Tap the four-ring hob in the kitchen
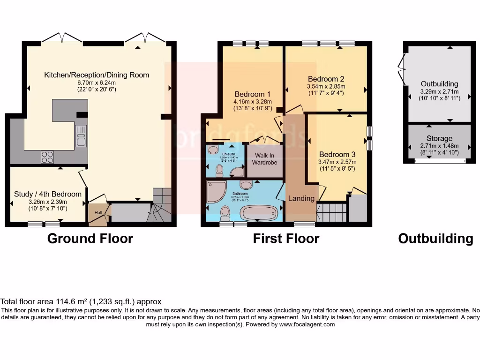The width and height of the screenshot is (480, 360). pyautogui.click(x=47, y=157)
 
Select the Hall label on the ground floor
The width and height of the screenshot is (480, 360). pyautogui.click(x=98, y=212)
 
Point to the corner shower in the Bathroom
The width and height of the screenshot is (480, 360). pyautogui.click(x=216, y=192)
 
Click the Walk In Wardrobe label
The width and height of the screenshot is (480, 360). pyautogui.click(x=265, y=159)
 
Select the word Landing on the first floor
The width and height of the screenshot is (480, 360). pyautogui.click(x=301, y=198)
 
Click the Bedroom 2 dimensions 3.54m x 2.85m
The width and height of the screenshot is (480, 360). pyautogui.click(x=326, y=86)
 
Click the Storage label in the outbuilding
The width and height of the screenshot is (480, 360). pyautogui.click(x=439, y=138)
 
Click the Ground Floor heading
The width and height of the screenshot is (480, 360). pyautogui.click(x=90, y=239)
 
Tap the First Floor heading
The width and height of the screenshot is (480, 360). pyautogui.click(x=286, y=239)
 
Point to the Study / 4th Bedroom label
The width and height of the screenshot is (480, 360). pyautogui.click(x=48, y=194)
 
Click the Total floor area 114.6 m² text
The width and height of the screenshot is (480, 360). pyautogui.click(x=81, y=302)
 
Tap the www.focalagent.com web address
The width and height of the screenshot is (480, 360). pyautogui.click(x=307, y=324)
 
